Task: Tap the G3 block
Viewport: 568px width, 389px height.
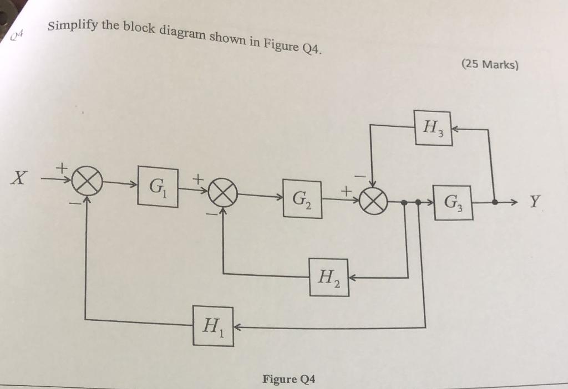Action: (x=453, y=203)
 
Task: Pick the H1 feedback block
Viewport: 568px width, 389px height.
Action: (x=213, y=326)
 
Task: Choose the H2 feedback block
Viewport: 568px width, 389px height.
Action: (x=329, y=277)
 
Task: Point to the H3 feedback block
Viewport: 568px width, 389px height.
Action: (x=433, y=129)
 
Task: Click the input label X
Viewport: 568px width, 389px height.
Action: (x=21, y=179)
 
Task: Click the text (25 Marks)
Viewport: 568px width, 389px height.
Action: (x=490, y=64)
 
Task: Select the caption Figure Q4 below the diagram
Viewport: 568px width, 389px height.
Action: (x=289, y=379)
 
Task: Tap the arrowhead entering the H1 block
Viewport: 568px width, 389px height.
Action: (x=237, y=327)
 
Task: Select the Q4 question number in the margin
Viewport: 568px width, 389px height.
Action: (x=18, y=37)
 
